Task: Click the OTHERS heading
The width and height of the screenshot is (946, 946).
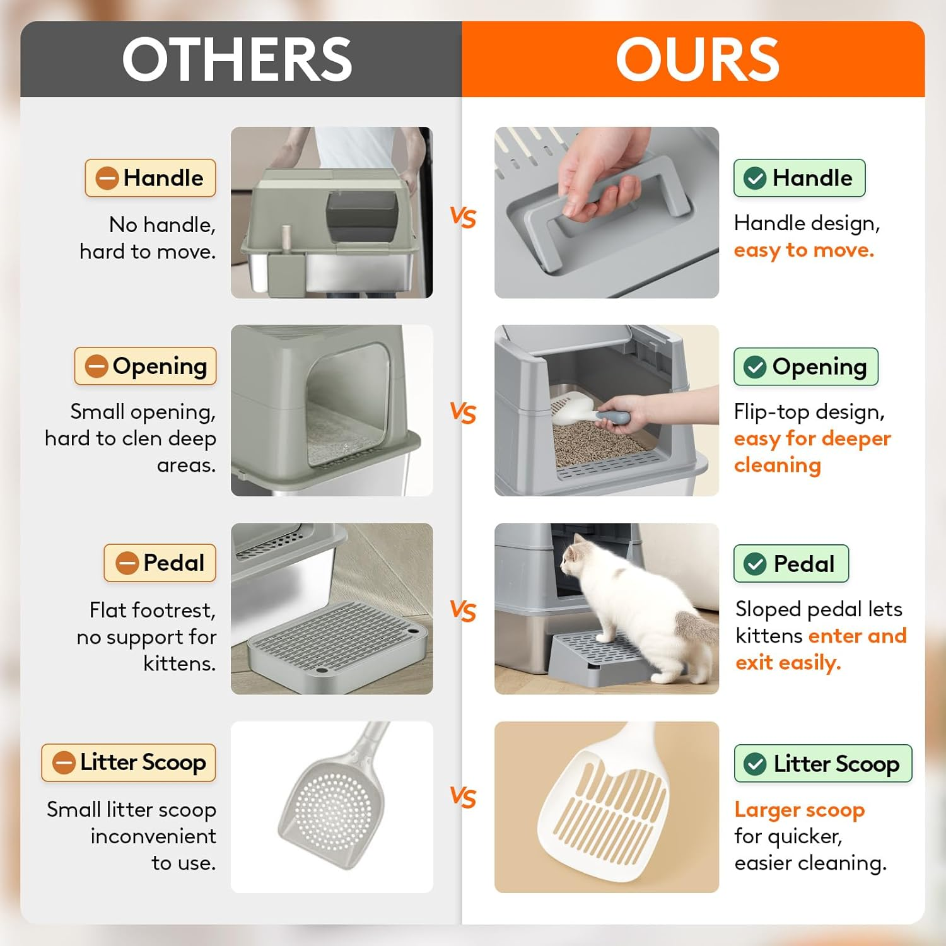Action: pyautogui.click(x=237, y=59)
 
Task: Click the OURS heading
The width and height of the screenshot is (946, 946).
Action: pyautogui.click(x=698, y=59)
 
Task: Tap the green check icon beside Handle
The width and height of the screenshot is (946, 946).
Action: pyautogui.click(x=755, y=178)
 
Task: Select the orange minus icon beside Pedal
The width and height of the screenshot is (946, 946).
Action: pyautogui.click(x=127, y=563)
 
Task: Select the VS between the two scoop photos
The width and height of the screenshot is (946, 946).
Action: pyautogui.click(x=463, y=798)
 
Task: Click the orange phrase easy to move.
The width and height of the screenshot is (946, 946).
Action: pyautogui.click(x=804, y=250)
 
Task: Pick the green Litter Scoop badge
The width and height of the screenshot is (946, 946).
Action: pyautogui.click(x=823, y=763)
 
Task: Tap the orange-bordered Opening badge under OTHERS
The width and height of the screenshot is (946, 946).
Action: pyautogui.click(x=146, y=366)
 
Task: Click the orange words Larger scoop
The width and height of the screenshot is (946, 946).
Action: pyautogui.click(x=800, y=810)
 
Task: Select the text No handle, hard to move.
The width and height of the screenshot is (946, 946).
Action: pyautogui.click(x=148, y=238)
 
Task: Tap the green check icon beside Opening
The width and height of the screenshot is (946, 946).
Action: pyautogui.click(x=755, y=366)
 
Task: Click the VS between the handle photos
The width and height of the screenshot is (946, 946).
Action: pyautogui.click(x=463, y=218)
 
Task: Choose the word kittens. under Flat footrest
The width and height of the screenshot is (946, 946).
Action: pyautogui.click(x=180, y=663)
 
